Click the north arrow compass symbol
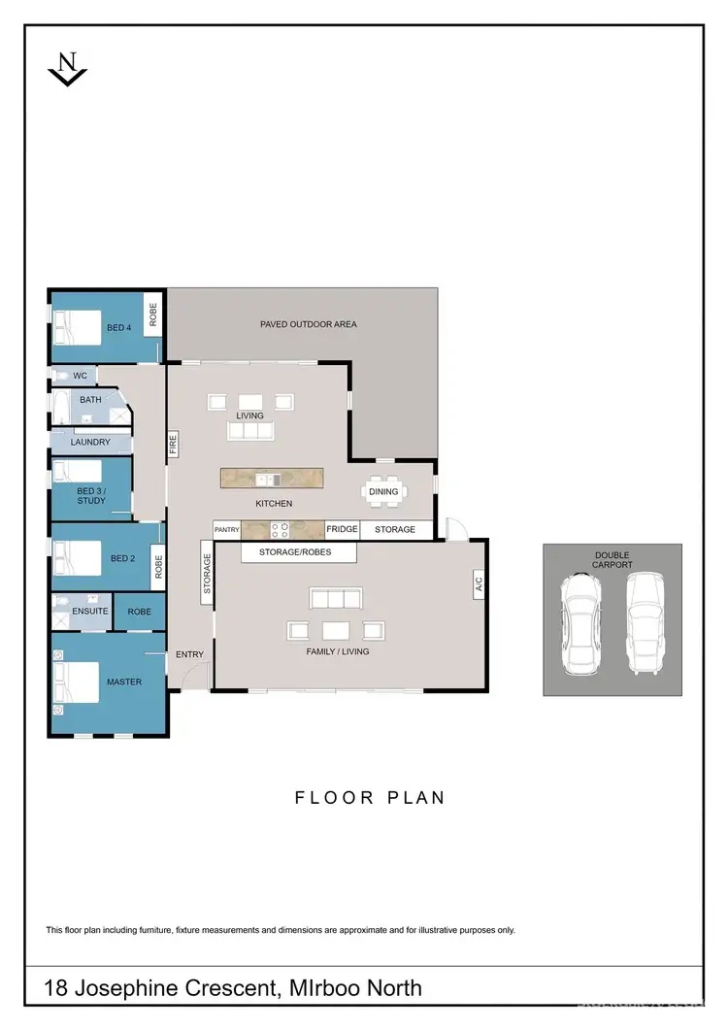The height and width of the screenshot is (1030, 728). tap(68, 69)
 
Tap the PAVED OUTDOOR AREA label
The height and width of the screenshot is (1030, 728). tap(308, 324)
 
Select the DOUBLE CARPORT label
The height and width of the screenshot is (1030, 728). tap(612, 559)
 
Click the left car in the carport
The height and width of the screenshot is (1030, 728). tap(579, 622)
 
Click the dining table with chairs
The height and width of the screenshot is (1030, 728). tap(383, 491)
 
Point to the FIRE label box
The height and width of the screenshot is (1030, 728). tap(173, 444)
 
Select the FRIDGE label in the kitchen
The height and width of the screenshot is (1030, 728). tap(342, 529)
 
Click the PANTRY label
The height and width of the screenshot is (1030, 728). tap(226, 530)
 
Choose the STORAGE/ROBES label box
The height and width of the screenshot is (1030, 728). tap(284, 552)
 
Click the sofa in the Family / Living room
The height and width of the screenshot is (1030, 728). tap(337, 597)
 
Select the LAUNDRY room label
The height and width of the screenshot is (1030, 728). tap(90, 442)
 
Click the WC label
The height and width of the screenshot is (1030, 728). tap(81, 375)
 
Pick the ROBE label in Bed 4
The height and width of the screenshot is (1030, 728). tap(153, 314)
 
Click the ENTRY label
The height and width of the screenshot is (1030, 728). tap(189, 654)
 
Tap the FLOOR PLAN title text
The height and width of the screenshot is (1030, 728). tap(370, 798)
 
